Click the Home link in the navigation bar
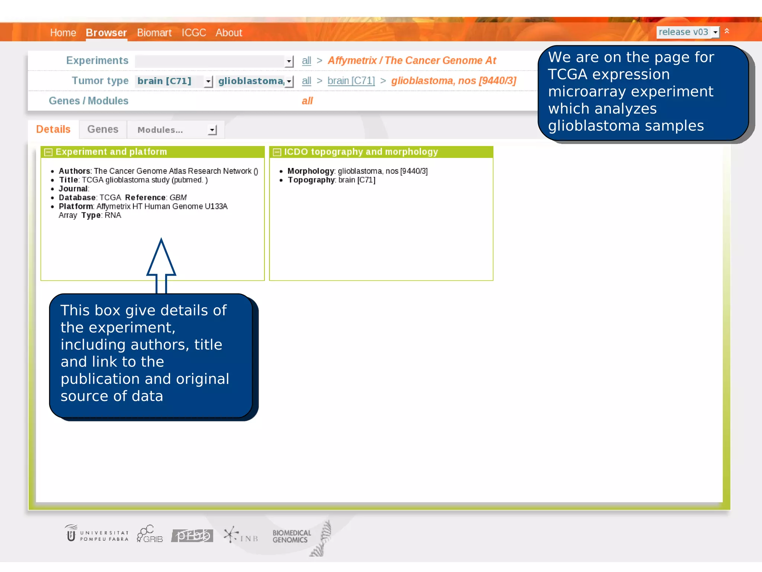(x=63, y=33)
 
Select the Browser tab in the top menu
(x=106, y=33)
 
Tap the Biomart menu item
(x=154, y=33)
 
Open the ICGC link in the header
(x=193, y=33)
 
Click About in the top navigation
(x=229, y=33)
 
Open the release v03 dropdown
(x=688, y=32)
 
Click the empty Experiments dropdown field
(x=214, y=61)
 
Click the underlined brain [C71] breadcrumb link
(x=351, y=81)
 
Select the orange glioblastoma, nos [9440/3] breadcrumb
(x=454, y=81)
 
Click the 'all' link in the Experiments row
(x=306, y=61)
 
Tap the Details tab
(x=53, y=129)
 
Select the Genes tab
(x=103, y=129)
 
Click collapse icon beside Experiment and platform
(x=48, y=152)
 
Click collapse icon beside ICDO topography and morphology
(x=277, y=152)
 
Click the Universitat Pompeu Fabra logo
(x=96, y=535)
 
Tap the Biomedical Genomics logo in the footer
(x=291, y=536)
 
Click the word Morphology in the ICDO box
(x=311, y=171)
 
